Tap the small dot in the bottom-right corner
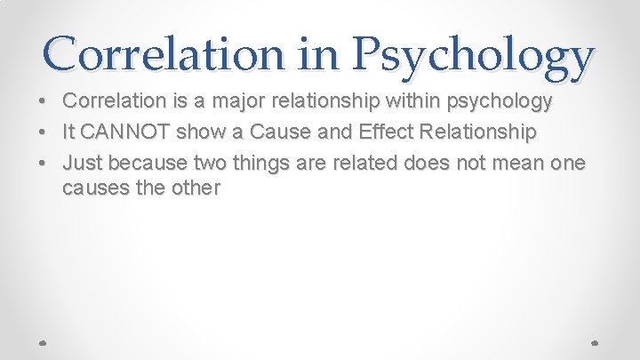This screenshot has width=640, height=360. coord(594,341)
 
